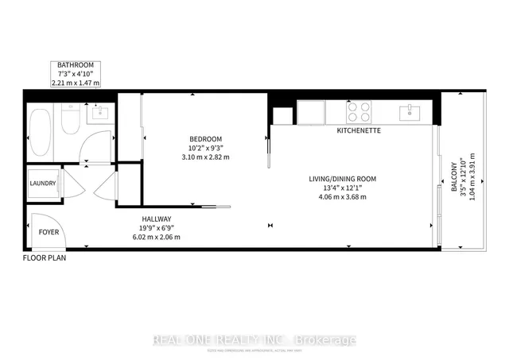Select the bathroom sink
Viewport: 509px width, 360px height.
pyautogui.click(x=99, y=113)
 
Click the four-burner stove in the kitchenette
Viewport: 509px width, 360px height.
pyautogui.click(x=359, y=112)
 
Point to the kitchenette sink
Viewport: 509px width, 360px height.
pyautogui.click(x=413, y=110)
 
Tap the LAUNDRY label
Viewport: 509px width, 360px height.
pyautogui.click(x=43, y=184)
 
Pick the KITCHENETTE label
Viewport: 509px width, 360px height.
pyautogui.click(x=359, y=130)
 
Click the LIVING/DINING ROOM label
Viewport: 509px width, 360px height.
pyautogui.click(x=343, y=178)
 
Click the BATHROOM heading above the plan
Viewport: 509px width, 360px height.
pyautogui.click(x=75, y=64)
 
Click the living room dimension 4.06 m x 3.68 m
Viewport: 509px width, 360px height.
pyautogui.click(x=343, y=197)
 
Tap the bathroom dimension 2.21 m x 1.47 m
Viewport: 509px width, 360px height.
pyautogui.click(x=75, y=82)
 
